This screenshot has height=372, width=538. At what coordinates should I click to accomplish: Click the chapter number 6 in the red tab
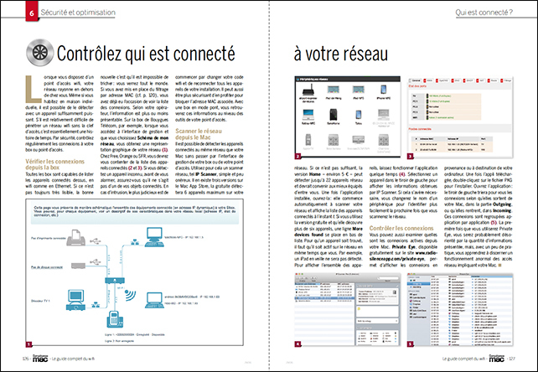point(8,13)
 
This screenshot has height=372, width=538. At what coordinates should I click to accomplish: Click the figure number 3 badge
point(410,156)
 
